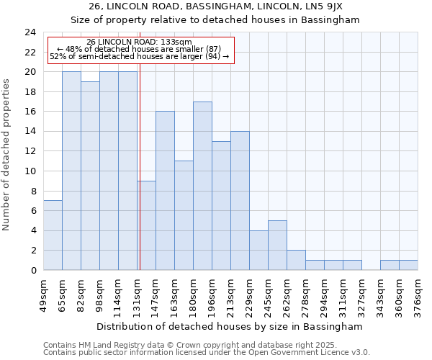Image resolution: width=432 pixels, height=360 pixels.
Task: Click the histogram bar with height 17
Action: coord(202,186)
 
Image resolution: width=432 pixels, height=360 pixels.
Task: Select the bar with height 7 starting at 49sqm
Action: coord(53,235)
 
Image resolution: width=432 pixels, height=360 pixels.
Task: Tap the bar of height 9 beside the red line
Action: coord(147,225)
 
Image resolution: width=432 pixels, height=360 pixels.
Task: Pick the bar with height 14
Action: coord(240,201)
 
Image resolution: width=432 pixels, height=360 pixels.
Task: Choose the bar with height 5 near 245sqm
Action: coord(277,246)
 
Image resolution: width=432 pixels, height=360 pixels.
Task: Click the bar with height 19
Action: coord(90,176)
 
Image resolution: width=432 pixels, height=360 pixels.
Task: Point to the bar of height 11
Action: coord(184,215)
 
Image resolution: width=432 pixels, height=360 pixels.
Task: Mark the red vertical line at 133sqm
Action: coord(140,173)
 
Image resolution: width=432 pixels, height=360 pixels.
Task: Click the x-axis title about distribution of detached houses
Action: coord(229,326)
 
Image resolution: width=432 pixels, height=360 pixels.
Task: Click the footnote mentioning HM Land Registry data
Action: coord(206,345)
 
